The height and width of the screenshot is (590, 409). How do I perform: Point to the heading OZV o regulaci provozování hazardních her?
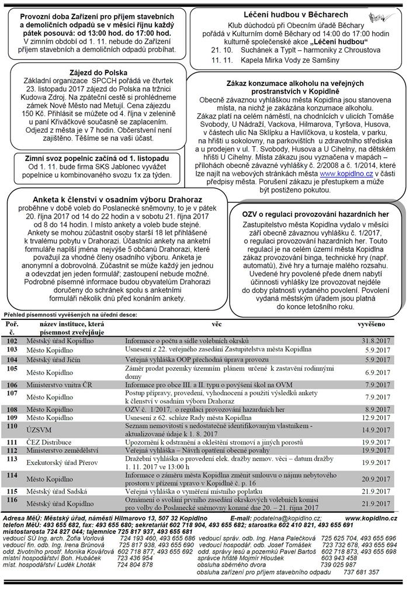[316, 214]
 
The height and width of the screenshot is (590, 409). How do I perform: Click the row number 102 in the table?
[12, 340]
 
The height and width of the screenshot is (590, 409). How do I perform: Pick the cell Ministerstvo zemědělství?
[64, 451]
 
